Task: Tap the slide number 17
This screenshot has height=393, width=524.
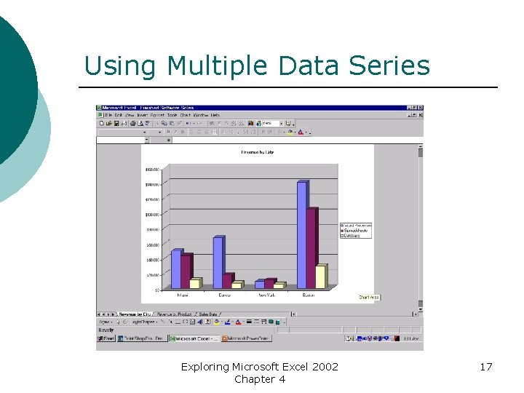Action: [x=485, y=367]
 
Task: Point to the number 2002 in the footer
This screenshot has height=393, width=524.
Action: [x=324, y=367]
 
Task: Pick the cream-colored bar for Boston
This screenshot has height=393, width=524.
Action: [x=320, y=277]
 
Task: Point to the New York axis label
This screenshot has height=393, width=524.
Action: [x=267, y=295]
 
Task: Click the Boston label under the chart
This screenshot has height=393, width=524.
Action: [x=309, y=295]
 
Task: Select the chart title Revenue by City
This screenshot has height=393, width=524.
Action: [x=258, y=152]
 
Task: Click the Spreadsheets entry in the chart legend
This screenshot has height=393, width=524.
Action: [x=357, y=231]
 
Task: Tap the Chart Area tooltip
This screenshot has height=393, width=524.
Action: [x=369, y=297]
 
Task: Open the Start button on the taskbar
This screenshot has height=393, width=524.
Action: [x=107, y=338]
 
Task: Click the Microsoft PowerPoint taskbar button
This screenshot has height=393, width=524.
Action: [x=247, y=338]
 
